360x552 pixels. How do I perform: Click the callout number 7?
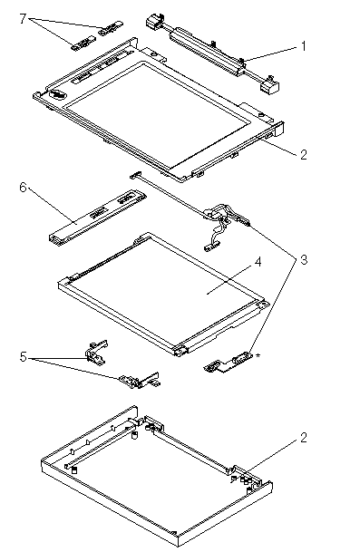[23, 18]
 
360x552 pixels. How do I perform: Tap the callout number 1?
[303, 46]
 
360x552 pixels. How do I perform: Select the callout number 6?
[23, 187]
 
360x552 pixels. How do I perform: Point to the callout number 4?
[258, 262]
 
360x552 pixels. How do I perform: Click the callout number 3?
[303, 260]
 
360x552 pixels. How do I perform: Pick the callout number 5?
[23, 356]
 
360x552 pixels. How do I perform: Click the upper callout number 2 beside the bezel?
[303, 154]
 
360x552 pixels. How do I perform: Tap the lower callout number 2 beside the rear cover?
[303, 438]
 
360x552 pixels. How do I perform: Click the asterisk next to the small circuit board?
[258, 355]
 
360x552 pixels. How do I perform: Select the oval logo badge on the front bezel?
[58, 94]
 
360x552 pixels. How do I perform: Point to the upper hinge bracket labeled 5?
[96, 352]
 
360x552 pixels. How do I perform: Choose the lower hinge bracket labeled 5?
[139, 380]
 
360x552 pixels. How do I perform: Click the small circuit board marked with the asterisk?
[228, 363]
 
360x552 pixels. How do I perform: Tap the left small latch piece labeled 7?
[83, 44]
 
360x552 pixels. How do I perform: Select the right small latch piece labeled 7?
[111, 28]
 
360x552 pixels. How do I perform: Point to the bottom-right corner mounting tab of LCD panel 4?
[181, 350]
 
